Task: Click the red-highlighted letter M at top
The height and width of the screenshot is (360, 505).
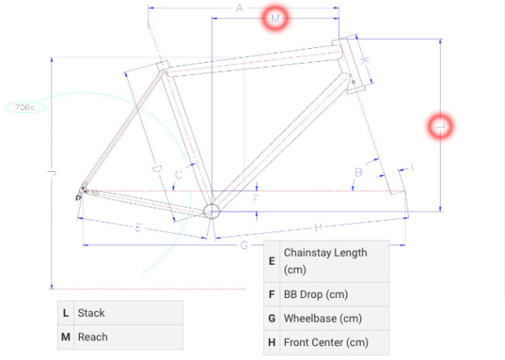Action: tap(275, 18)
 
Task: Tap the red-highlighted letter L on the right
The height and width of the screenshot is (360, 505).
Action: tap(440, 126)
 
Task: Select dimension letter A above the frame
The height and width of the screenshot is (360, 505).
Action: tap(240, 8)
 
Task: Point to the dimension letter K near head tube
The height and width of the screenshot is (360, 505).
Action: tap(365, 61)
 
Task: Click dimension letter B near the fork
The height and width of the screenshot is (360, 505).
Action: tap(358, 171)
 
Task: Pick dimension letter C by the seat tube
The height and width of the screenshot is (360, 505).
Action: tap(178, 173)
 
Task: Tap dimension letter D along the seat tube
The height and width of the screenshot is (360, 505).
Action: tap(158, 169)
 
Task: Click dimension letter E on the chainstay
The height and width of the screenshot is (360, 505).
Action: tap(138, 228)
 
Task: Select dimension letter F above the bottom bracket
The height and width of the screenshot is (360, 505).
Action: tap(256, 198)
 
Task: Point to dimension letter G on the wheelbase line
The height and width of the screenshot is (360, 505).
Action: tap(244, 245)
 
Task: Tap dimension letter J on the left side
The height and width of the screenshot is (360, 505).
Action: tap(51, 173)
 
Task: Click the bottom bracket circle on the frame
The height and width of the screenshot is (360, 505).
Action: tap(212, 211)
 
